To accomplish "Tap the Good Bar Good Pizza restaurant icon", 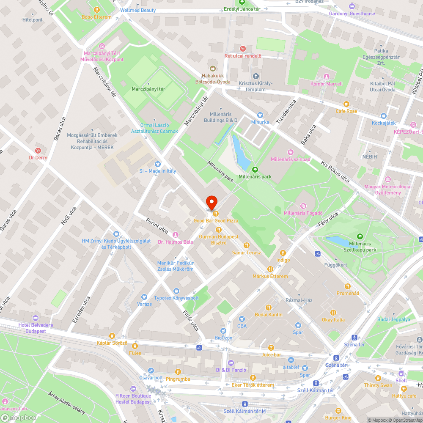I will click(215, 214).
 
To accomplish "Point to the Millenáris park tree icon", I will click(255, 170).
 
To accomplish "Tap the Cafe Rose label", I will click(346, 111).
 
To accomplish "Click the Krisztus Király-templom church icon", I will click(255, 76).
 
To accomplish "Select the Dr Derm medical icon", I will click(38, 150).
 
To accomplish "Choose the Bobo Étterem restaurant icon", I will click(97, 10).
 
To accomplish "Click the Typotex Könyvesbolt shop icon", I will click(176, 291).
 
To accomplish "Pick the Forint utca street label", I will click(157, 227).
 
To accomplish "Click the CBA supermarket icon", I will click(242, 319).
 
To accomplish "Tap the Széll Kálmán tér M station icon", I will click(244, 404).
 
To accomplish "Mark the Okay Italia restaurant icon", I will click(333, 313).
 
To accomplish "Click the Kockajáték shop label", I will click(383, 123).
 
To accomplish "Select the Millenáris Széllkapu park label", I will click(360, 247).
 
